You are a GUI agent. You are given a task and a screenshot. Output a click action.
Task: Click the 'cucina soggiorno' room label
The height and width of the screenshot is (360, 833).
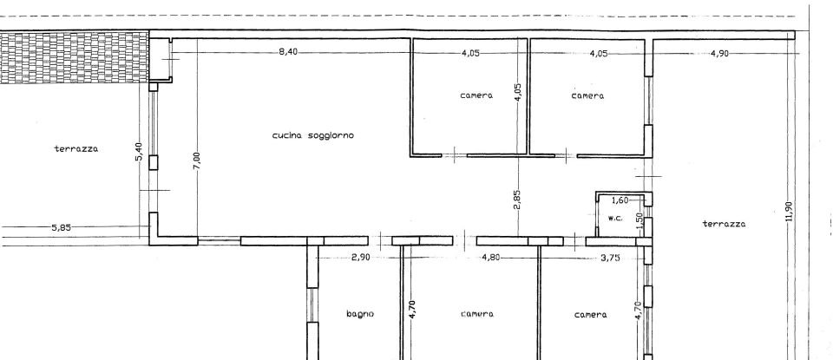click(313, 135)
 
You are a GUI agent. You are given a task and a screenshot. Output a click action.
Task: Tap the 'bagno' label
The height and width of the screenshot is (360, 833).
click(359, 314)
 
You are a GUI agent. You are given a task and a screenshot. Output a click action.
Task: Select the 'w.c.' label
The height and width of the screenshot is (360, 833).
click(615, 218)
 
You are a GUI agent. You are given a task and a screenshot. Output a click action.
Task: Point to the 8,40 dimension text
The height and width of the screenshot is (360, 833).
click(288, 52)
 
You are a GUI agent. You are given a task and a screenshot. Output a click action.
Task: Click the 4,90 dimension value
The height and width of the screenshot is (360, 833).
click(719, 53)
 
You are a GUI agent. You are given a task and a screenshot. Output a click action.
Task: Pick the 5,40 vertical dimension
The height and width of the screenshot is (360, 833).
click(138, 152)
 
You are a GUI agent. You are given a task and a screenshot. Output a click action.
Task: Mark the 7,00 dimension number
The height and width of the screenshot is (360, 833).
click(197, 161)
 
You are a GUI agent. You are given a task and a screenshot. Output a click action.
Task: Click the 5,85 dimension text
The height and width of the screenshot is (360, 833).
click(61, 227)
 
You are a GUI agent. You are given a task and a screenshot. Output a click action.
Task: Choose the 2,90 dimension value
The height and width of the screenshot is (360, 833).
click(361, 258)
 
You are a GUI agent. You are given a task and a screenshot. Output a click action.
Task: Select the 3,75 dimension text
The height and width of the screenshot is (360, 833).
click(612, 258)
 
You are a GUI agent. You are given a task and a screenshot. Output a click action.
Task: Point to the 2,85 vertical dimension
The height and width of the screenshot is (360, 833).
click(517, 200)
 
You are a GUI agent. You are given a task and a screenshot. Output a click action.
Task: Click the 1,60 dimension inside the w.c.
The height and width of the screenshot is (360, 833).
click(620, 200)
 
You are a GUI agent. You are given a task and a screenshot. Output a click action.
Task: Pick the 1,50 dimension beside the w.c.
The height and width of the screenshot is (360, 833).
click(639, 221)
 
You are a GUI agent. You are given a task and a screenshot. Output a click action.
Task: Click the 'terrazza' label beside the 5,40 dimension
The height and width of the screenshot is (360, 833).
click(76, 149)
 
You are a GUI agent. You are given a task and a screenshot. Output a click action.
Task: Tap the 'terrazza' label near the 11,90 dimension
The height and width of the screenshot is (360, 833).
click(724, 224)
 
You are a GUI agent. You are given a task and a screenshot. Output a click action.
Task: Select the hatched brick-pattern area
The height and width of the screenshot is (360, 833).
click(74, 57)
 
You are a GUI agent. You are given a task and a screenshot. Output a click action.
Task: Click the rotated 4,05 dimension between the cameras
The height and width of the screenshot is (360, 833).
click(517, 93)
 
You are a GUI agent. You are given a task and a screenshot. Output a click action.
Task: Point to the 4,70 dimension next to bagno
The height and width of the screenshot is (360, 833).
click(412, 309)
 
